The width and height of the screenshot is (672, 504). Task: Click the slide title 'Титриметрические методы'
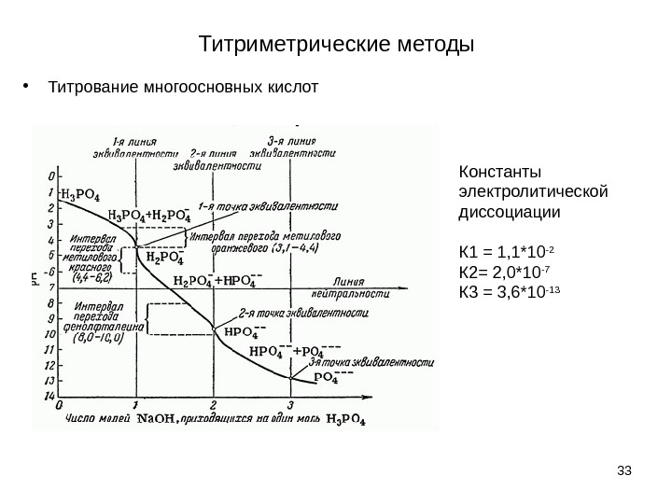[x=337, y=44]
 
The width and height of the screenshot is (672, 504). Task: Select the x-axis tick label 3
[x=290, y=405]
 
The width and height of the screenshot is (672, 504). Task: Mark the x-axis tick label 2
[x=214, y=405]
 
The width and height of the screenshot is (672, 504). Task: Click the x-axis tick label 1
[x=137, y=405]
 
